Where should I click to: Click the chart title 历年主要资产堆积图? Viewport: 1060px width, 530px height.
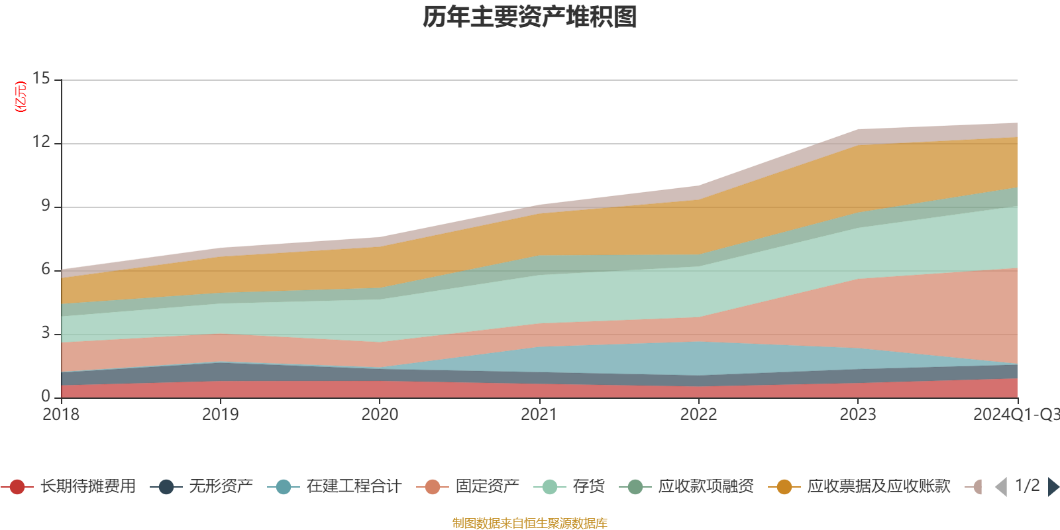pos(530,17)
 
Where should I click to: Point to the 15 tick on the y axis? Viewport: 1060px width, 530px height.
pos(42,79)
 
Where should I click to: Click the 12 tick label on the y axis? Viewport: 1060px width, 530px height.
pos(42,142)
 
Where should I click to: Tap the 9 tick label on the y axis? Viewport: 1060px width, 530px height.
pos(46,206)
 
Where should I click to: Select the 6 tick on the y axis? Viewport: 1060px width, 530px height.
pos(46,270)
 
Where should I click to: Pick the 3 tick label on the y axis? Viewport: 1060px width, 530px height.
pos(46,333)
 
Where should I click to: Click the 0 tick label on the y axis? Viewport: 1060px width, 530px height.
pos(46,397)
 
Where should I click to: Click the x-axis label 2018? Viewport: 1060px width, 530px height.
pos(61,415)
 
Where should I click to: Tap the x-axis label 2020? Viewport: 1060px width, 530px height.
pos(380,415)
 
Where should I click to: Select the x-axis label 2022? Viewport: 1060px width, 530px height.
pos(698,415)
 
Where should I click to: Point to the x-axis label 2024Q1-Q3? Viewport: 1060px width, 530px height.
pos(1016,415)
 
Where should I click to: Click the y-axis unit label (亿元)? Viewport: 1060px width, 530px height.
pos(21,97)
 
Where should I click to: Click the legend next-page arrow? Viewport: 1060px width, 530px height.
pos(1053,487)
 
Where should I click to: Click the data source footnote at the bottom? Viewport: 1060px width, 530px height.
pos(530,523)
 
